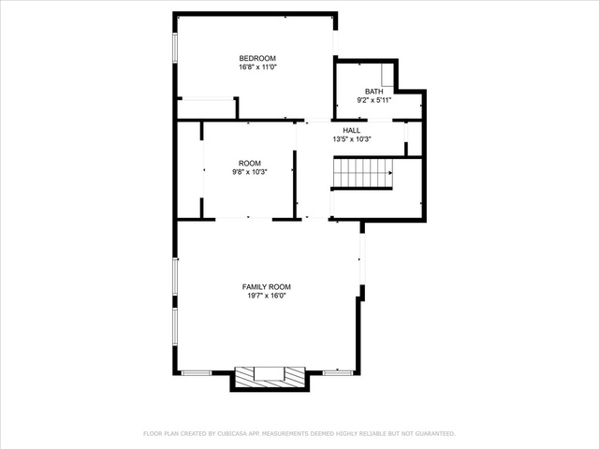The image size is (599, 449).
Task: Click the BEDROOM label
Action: [257, 58]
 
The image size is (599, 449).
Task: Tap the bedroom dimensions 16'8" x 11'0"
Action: [257, 67]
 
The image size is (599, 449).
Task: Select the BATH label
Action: [374, 92]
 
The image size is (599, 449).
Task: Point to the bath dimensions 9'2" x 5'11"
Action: [374, 100]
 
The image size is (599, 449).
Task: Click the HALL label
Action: [352, 130]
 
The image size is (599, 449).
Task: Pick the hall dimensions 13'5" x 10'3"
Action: [352, 139]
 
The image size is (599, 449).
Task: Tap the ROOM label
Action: [250, 163]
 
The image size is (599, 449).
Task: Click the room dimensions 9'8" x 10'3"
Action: [250, 172]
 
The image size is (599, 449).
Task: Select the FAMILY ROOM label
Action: [266, 287]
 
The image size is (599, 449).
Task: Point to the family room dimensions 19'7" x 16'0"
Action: [266, 296]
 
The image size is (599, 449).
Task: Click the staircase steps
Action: [363, 173]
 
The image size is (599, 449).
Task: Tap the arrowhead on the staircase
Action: [390, 173]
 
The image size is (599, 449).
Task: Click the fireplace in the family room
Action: [270, 378]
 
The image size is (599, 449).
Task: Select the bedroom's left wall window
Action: [175, 48]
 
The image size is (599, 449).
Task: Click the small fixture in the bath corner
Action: [387, 75]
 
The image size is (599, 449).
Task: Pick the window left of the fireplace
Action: [197, 372]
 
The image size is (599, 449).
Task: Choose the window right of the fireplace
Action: [338, 372]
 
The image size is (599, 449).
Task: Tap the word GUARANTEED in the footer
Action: [434, 434]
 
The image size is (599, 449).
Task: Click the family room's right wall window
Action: [362, 259]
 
